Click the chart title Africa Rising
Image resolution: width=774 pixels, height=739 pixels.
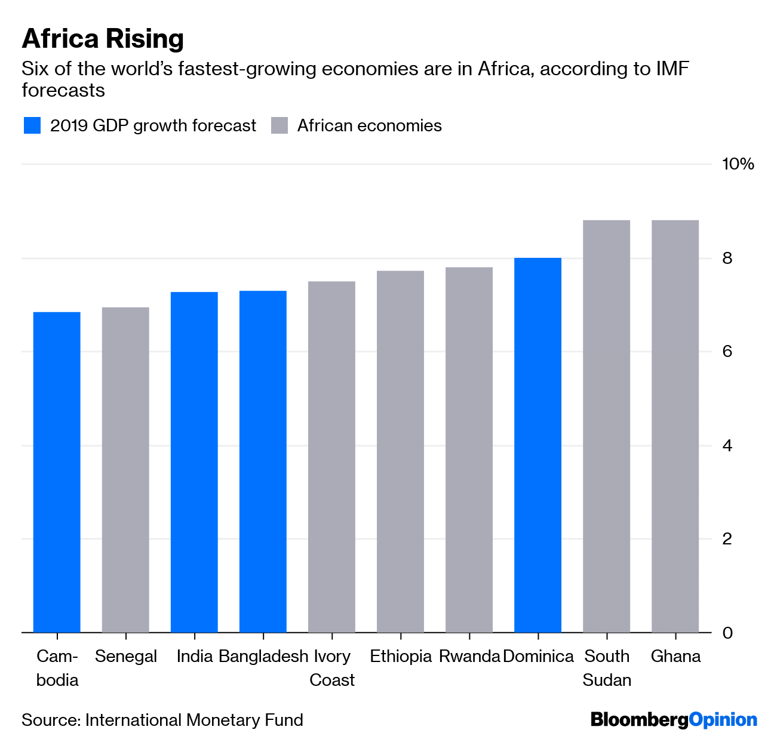[x=103, y=39]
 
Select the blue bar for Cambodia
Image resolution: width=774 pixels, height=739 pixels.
[x=57, y=472]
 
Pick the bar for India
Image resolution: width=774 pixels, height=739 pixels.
[x=194, y=462]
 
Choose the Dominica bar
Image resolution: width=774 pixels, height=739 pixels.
[x=537, y=445]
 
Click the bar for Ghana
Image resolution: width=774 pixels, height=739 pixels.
[x=675, y=426]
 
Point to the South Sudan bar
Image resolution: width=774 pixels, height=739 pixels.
[x=606, y=426]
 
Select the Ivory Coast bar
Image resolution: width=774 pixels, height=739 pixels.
[x=331, y=457]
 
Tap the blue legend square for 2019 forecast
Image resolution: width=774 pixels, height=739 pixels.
[x=32, y=126]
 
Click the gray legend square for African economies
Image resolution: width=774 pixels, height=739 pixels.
[x=279, y=126]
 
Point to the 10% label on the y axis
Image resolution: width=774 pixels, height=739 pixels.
[x=738, y=164]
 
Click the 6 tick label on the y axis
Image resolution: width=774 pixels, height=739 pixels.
[x=727, y=352]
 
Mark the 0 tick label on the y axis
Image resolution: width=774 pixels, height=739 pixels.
[x=727, y=633]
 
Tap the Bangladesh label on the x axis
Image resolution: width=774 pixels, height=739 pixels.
[x=263, y=657]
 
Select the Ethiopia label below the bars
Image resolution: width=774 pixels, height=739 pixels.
[x=400, y=657]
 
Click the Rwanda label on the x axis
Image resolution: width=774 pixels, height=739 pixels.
[x=469, y=657]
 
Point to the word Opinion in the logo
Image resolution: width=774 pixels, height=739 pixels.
[x=723, y=719]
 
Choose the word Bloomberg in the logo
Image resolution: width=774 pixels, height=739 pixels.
[x=640, y=719]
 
